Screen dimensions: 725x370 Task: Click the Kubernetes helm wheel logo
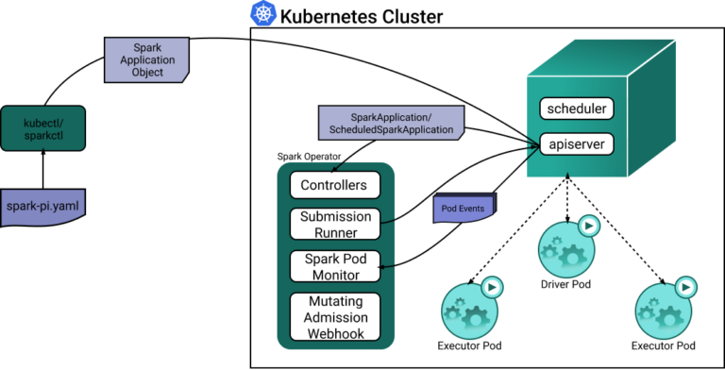tap(263, 13)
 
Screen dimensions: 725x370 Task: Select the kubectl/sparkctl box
tap(43, 128)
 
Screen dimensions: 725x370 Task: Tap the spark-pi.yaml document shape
tap(43, 208)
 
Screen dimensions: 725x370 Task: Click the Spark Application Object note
tap(147, 60)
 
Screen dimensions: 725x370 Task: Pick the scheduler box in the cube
tap(577, 109)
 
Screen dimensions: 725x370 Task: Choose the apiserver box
tap(577, 144)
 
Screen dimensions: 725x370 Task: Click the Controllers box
tap(335, 185)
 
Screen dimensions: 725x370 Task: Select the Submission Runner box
tap(335, 225)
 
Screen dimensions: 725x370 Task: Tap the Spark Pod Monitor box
tap(335, 266)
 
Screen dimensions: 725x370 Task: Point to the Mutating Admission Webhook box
tap(335, 317)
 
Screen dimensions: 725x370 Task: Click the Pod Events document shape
tap(464, 208)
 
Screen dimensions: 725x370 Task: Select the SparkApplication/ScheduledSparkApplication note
tap(391, 123)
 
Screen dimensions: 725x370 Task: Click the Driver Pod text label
tap(565, 284)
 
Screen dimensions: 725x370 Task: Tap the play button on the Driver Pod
tap(589, 227)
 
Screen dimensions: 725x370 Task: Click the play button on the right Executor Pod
tap(685, 288)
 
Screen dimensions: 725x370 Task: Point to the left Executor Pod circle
tap(469, 311)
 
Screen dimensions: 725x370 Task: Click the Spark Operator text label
tap(309, 157)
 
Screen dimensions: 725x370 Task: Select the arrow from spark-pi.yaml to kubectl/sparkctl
tap(43, 169)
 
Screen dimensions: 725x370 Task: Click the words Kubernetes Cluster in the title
tap(362, 17)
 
